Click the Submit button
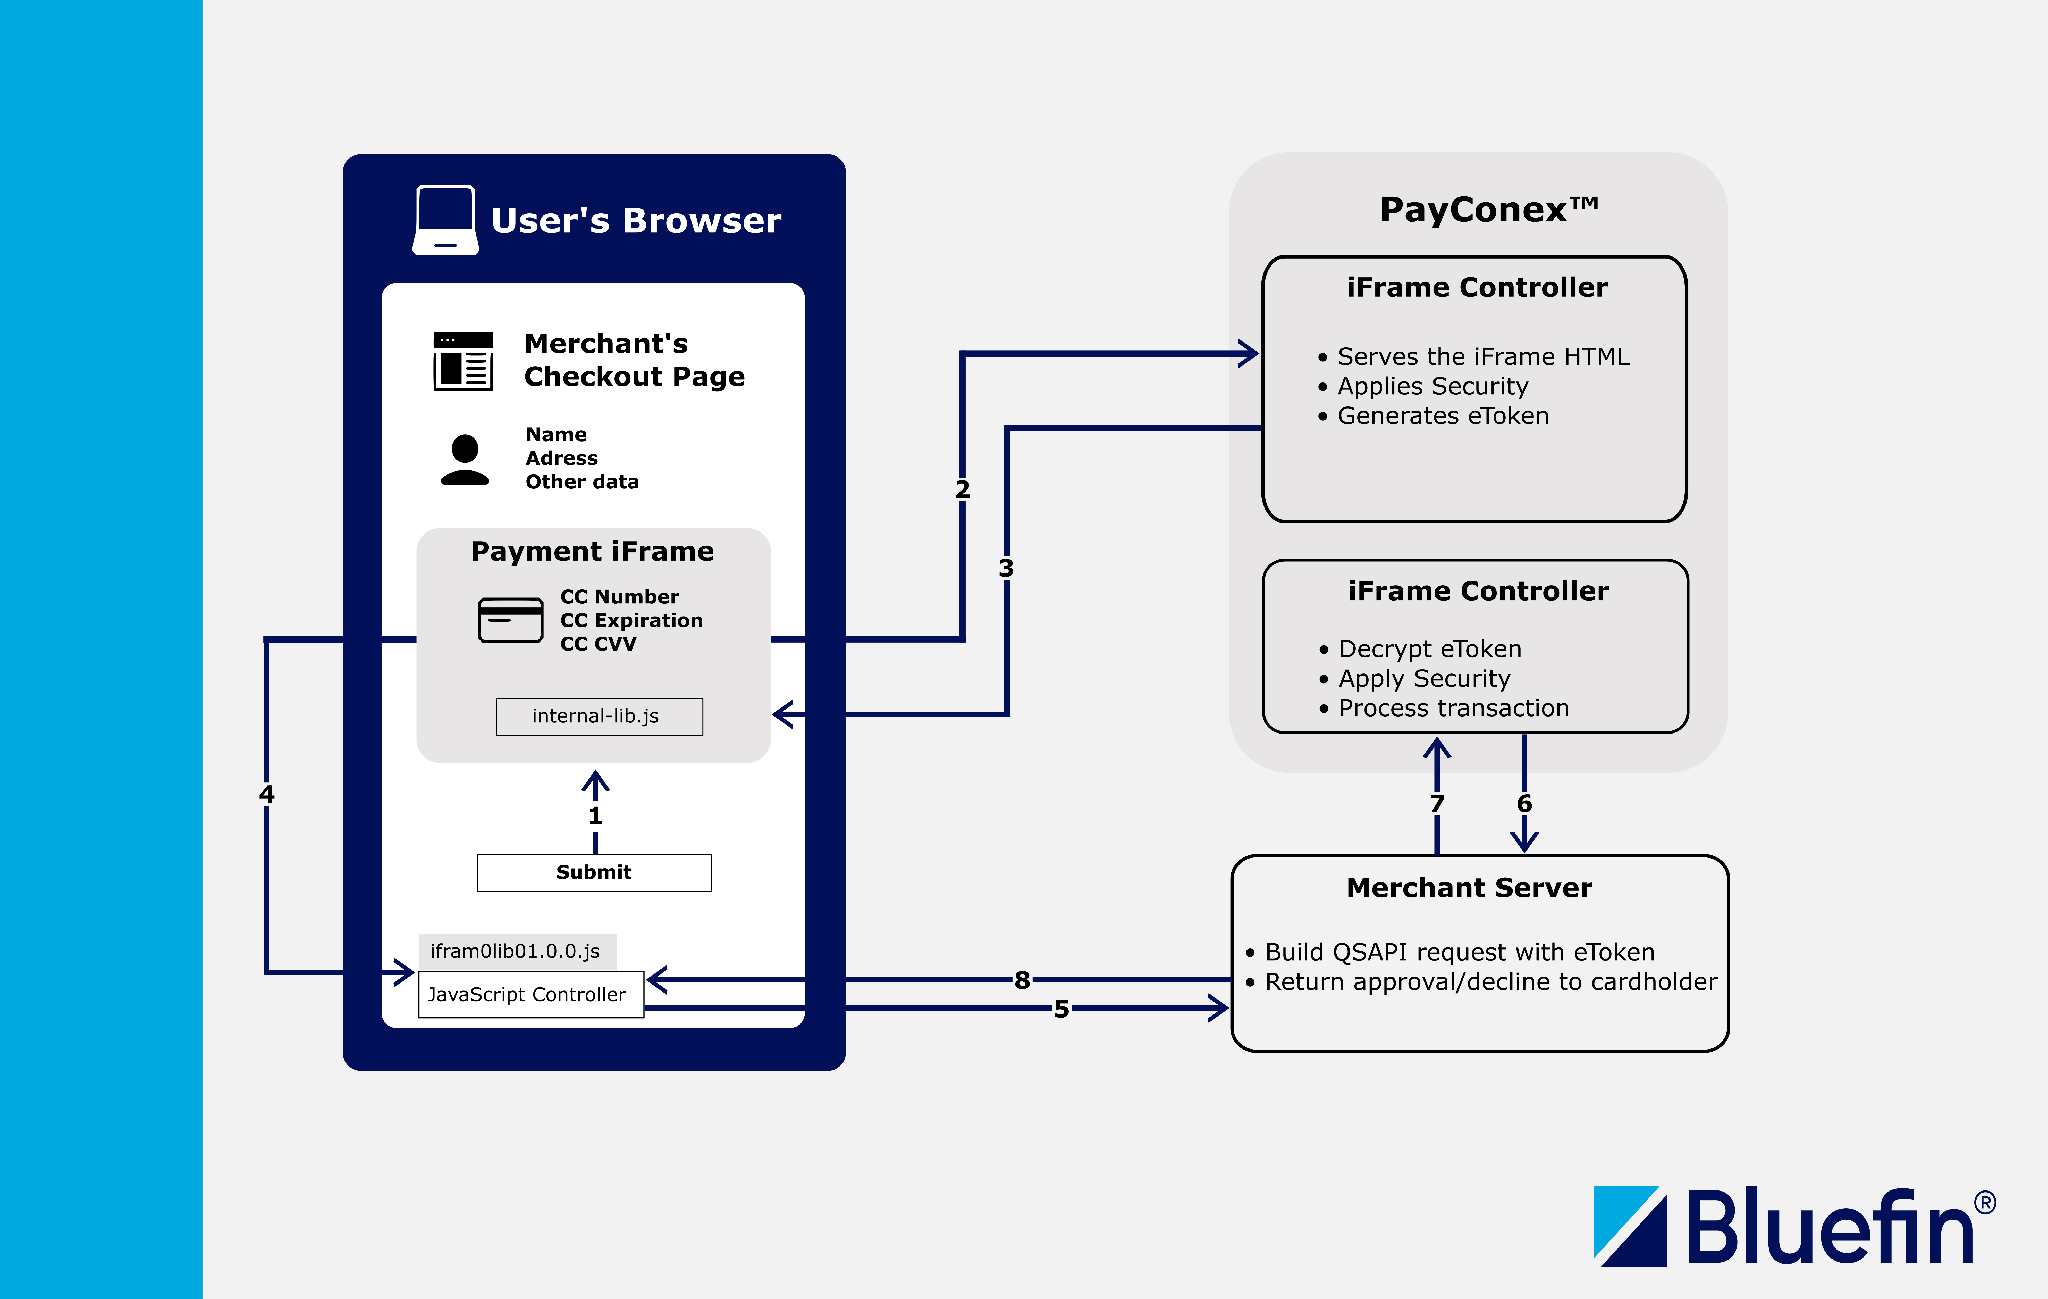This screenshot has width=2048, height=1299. [x=594, y=873]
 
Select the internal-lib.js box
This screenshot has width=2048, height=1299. [x=599, y=716]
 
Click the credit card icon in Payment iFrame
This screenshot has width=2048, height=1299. [x=510, y=620]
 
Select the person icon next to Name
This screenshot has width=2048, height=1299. [x=464, y=459]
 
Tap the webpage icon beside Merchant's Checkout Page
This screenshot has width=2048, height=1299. [x=463, y=361]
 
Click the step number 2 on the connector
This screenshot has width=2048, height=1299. [x=962, y=489]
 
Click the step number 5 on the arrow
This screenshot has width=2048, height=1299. [x=1061, y=1009]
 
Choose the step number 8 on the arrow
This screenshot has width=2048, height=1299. [x=1022, y=980]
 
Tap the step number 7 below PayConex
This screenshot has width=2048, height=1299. [x=1437, y=803]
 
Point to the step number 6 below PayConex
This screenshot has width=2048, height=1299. [x=1524, y=803]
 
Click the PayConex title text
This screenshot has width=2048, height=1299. [x=1488, y=209]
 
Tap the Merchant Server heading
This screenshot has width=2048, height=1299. [x=1469, y=888]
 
